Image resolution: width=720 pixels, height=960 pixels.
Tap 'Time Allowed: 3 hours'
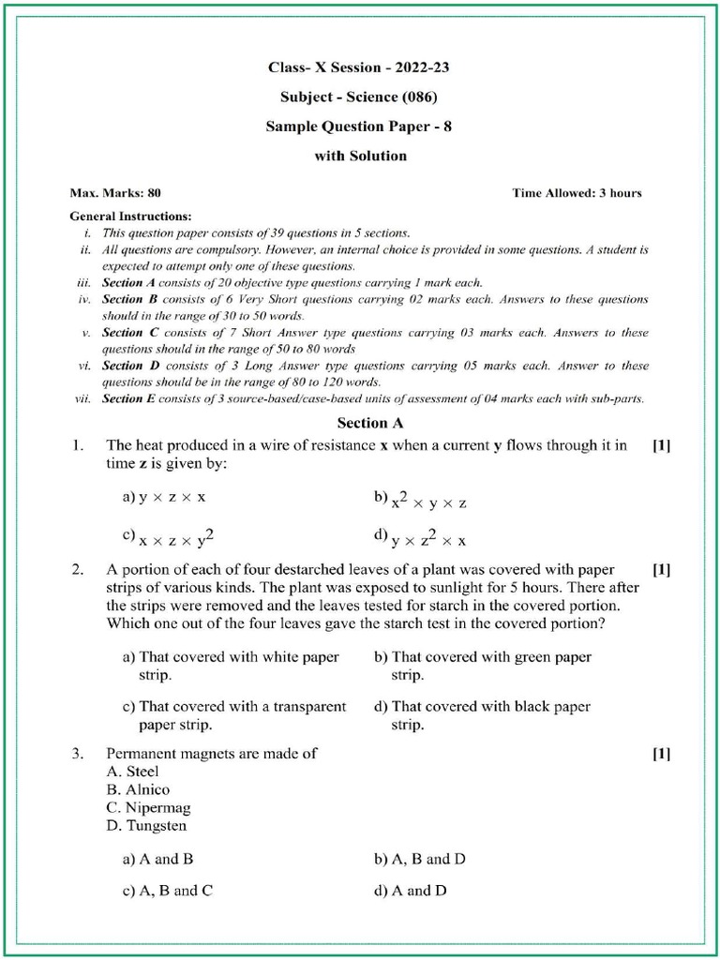pos(577,193)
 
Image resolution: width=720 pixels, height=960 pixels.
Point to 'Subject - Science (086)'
pos(359,97)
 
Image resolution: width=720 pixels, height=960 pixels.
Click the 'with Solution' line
pos(360,156)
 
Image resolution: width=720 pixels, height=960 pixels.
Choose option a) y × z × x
pos(164,499)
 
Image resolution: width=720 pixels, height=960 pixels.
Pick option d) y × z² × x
pos(420,538)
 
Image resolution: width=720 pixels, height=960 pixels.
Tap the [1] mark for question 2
pos(661,570)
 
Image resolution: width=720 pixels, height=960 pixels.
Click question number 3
pos(79,753)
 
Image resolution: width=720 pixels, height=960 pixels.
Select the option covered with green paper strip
pos(483,666)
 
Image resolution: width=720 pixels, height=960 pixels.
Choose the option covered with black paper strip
pos(482,715)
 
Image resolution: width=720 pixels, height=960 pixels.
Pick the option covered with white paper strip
pos(231,666)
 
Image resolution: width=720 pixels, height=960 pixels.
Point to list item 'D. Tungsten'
pos(146,826)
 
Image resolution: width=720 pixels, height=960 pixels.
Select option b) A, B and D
pos(420,859)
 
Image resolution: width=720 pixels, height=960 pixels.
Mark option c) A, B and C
pos(168,891)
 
